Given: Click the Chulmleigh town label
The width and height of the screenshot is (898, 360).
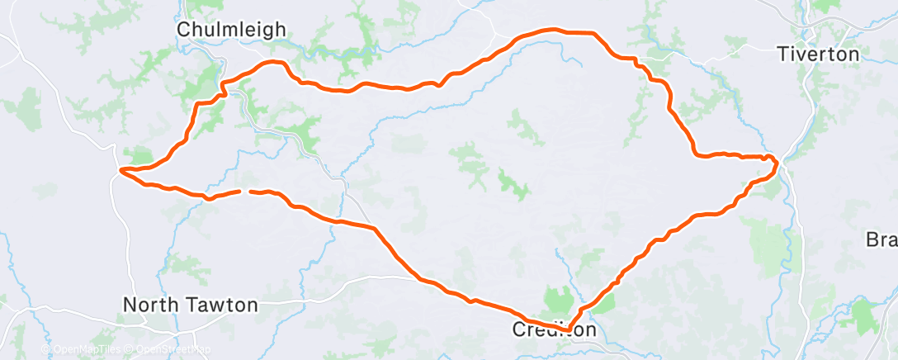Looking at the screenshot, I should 232,30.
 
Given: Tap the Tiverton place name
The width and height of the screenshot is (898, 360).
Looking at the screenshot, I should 818,54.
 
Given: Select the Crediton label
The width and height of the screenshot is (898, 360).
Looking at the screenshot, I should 554,329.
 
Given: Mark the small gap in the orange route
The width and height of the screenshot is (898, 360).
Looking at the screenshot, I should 245,191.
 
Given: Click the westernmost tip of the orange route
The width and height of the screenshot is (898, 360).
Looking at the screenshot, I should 121,171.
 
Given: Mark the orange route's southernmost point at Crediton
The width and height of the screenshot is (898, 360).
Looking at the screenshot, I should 567,330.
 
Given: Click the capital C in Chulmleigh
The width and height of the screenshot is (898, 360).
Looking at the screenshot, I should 185,30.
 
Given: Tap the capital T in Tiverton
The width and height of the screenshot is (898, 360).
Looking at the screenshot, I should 782,54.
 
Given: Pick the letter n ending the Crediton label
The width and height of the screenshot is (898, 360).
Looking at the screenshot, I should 589,329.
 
